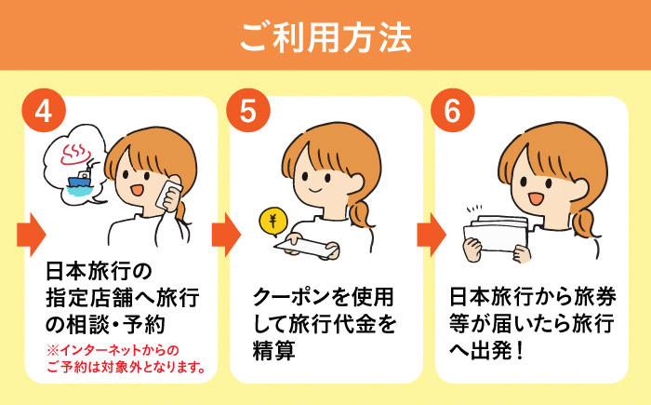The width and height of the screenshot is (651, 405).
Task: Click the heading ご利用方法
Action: click(325, 37)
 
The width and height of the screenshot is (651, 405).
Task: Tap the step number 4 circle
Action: click(44, 111)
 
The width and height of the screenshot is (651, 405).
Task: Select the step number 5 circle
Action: click(248, 111)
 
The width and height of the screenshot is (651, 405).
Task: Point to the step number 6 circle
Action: click(453, 111)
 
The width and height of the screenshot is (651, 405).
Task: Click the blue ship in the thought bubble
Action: click(80, 181)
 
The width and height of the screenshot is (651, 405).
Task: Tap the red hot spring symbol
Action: click(74, 155)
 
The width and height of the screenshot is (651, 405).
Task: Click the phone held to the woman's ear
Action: click(168, 196)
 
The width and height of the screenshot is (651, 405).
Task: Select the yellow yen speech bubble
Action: click(272, 223)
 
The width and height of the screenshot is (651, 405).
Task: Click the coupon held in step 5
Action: click(306, 249)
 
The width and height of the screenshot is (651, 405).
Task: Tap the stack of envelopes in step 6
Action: click(496, 233)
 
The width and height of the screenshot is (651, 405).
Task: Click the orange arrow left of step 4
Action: click(31, 235)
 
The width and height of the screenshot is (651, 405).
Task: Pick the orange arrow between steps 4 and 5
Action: click(226, 235)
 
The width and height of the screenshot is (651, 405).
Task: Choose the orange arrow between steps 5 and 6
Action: click(432, 235)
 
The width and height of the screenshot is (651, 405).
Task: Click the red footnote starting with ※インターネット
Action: click(126, 358)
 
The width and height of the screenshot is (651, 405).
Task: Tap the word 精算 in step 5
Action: click(274, 350)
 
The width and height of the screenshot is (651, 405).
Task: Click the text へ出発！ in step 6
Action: click(485, 350)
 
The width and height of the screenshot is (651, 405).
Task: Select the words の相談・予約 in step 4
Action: click(105, 325)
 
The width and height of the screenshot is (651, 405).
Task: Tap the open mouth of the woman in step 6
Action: click(536, 198)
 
